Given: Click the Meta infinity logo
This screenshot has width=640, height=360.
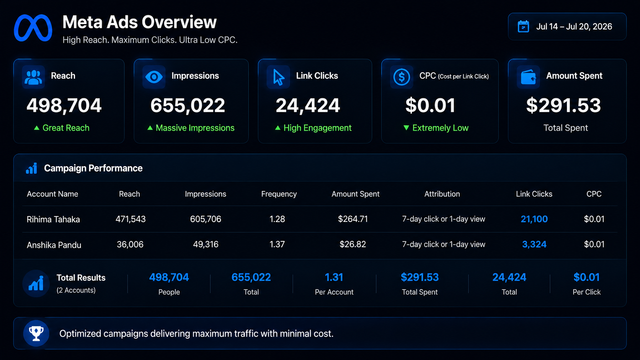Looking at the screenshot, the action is (x=33, y=28).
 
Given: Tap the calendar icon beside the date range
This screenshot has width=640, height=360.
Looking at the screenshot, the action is (x=523, y=26).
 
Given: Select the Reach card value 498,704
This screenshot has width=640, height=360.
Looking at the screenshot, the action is (x=64, y=105).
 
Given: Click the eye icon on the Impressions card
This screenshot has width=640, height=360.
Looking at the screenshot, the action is (x=154, y=77).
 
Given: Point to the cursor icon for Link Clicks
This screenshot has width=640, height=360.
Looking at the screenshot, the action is (x=278, y=77).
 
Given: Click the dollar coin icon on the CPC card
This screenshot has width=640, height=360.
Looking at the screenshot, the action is (x=402, y=77).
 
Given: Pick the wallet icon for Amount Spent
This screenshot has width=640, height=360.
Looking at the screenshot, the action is (x=528, y=77).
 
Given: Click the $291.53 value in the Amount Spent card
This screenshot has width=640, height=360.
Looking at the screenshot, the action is (x=563, y=105).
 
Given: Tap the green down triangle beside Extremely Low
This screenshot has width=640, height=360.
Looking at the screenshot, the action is (x=406, y=128).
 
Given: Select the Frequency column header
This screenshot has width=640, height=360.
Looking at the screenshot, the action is (x=279, y=194).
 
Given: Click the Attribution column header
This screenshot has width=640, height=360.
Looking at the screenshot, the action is (x=442, y=194).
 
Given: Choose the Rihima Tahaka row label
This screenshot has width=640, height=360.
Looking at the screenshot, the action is (x=53, y=219).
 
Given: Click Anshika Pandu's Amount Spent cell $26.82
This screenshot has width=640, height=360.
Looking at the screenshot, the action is (x=353, y=244).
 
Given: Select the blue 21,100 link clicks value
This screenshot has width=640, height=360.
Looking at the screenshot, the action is (x=534, y=219).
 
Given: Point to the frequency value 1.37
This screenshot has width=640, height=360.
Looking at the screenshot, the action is (x=277, y=244).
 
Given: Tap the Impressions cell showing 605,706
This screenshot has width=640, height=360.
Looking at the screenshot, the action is (x=206, y=219).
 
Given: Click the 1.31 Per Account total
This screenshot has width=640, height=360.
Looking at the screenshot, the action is (x=334, y=277).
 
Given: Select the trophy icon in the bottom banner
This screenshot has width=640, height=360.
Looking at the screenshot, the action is (x=36, y=334).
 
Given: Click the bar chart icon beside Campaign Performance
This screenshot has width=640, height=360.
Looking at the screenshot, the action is (x=31, y=168).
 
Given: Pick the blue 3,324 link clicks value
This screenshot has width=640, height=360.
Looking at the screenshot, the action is (x=534, y=244).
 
